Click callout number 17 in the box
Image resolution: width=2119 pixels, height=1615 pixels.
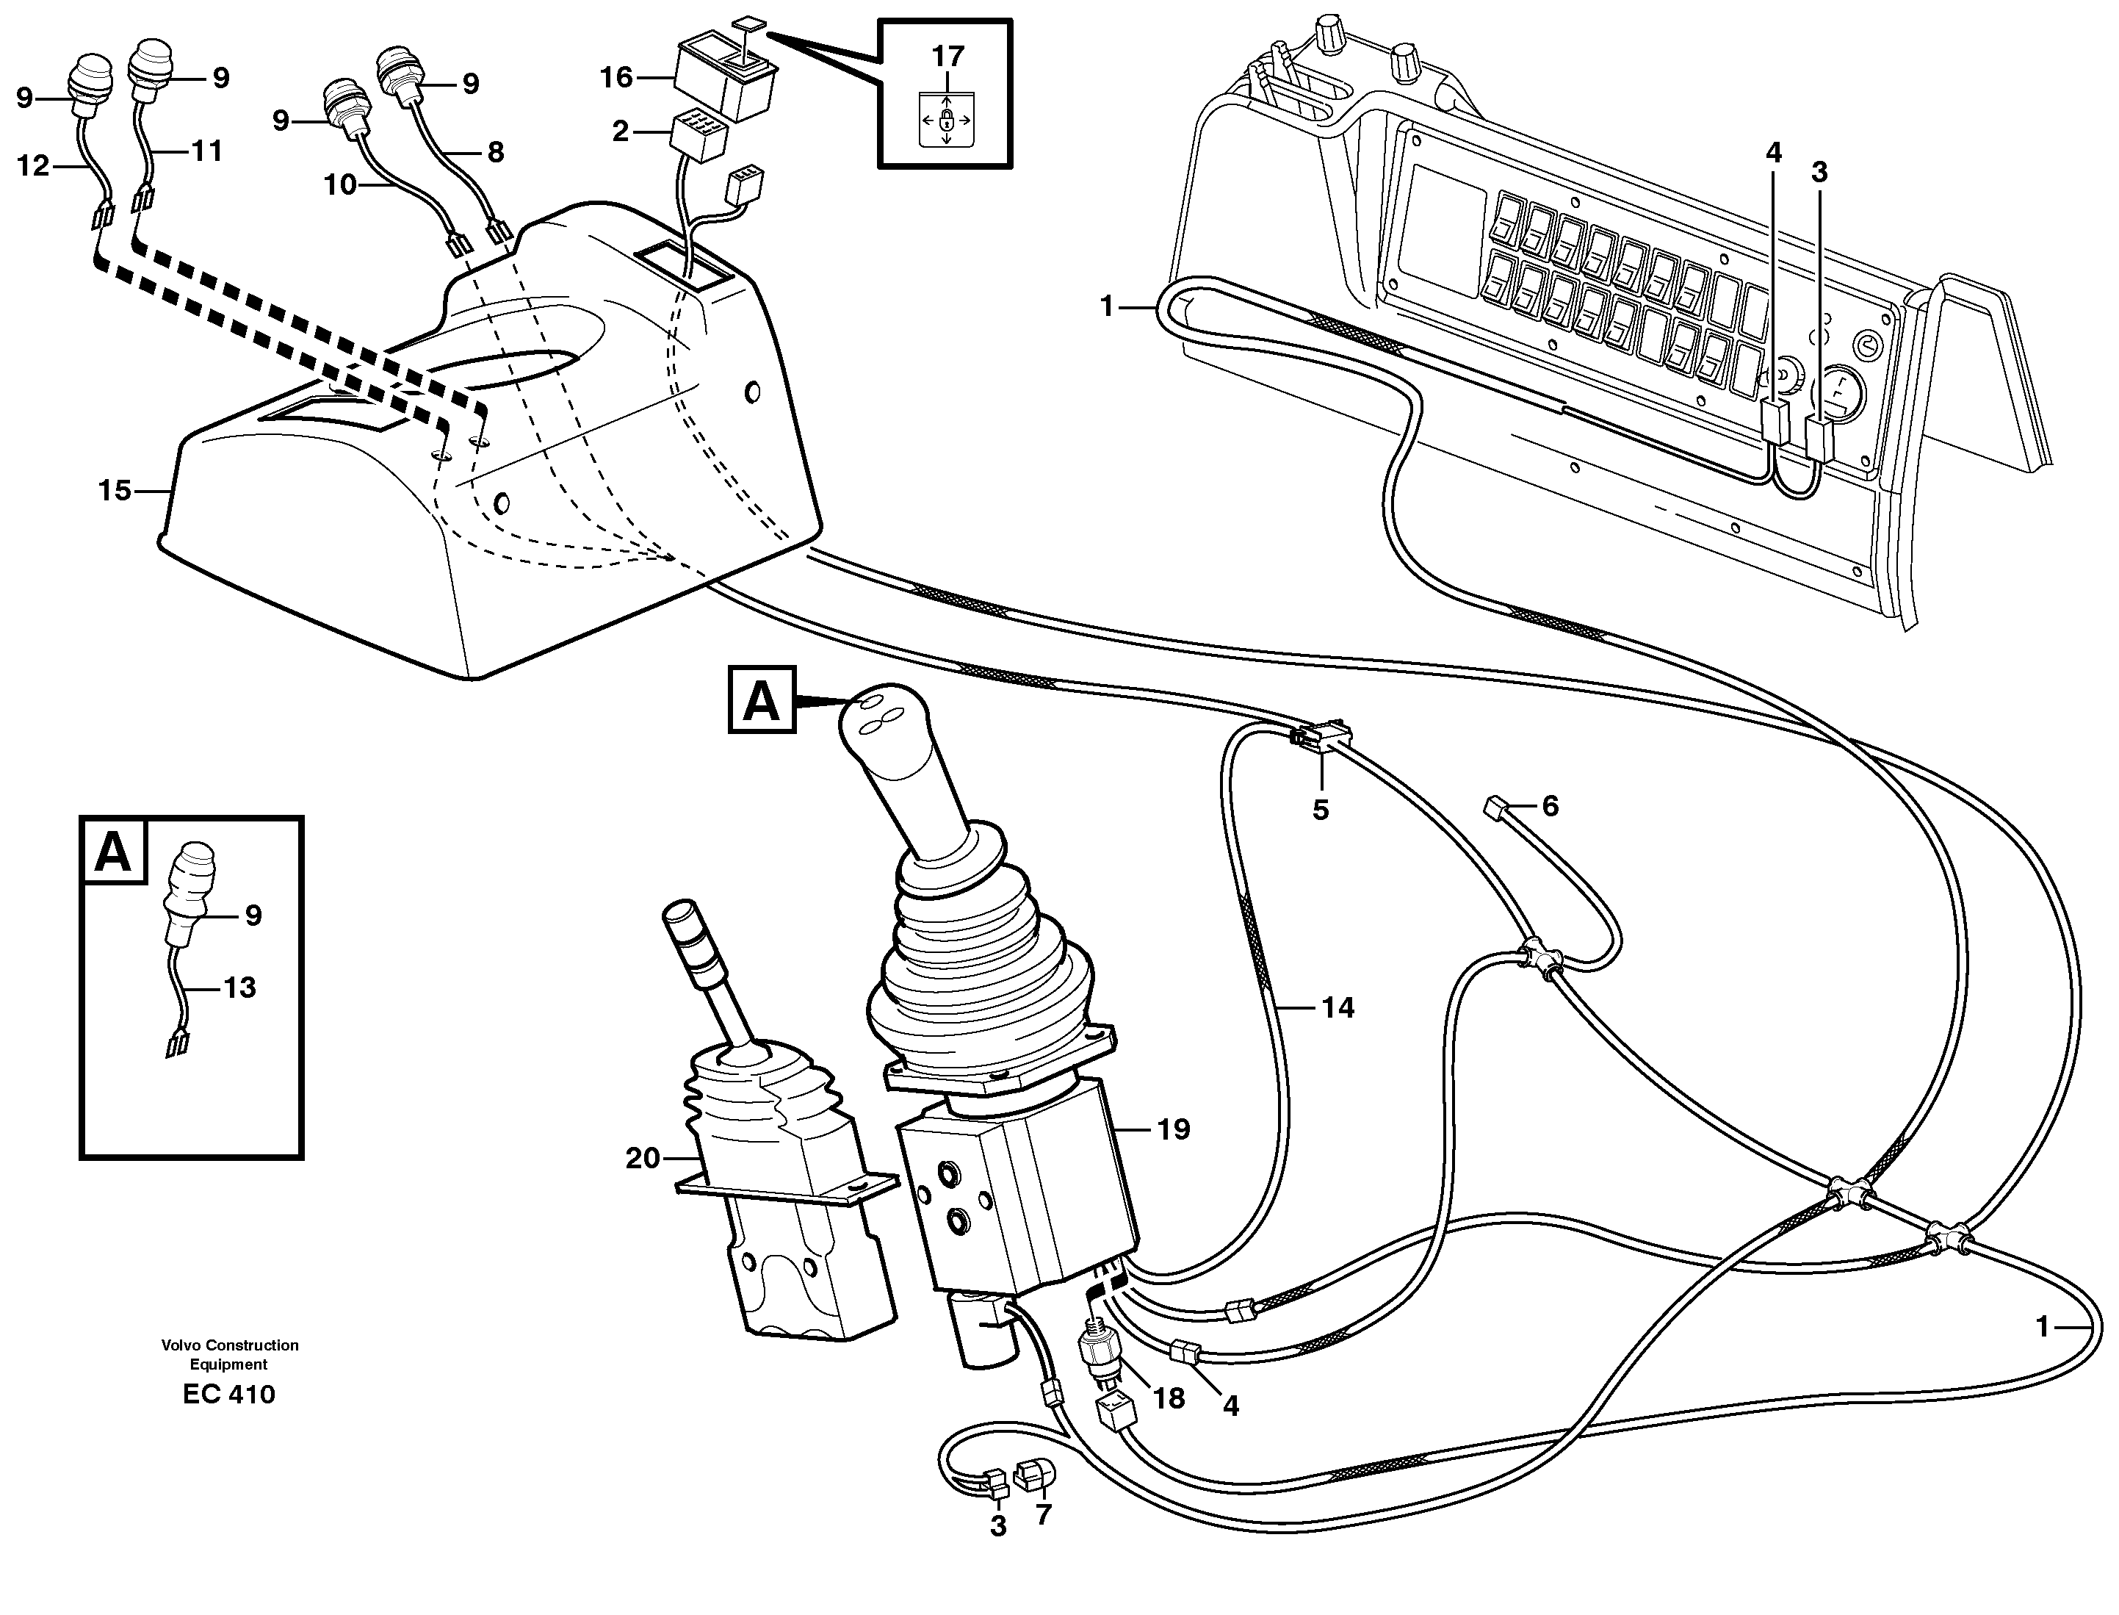pyautogui.click(x=947, y=57)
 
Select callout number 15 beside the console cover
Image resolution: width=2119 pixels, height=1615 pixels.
pyautogui.click(x=115, y=492)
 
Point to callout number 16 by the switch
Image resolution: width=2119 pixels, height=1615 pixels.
pyautogui.click(x=617, y=77)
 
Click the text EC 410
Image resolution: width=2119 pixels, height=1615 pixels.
pyautogui.click(x=228, y=1395)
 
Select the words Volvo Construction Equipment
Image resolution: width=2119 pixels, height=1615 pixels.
pyautogui.click(x=230, y=1354)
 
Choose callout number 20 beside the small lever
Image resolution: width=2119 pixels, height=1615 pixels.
pyautogui.click(x=643, y=1159)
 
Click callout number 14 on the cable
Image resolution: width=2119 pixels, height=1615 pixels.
pyautogui.click(x=1337, y=1007)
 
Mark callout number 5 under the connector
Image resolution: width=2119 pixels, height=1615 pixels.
pyautogui.click(x=1321, y=810)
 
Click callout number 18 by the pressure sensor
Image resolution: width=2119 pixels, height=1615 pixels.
pyautogui.click(x=1169, y=1399)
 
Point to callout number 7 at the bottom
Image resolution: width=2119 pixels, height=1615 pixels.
pyautogui.click(x=1044, y=1516)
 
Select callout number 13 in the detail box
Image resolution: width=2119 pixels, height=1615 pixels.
pyautogui.click(x=239, y=988)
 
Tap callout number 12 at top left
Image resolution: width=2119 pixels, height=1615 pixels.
pyautogui.click(x=32, y=166)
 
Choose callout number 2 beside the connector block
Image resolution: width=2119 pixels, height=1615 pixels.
pyautogui.click(x=621, y=131)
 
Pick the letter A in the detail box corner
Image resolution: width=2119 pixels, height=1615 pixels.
pyautogui.click(x=113, y=852)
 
